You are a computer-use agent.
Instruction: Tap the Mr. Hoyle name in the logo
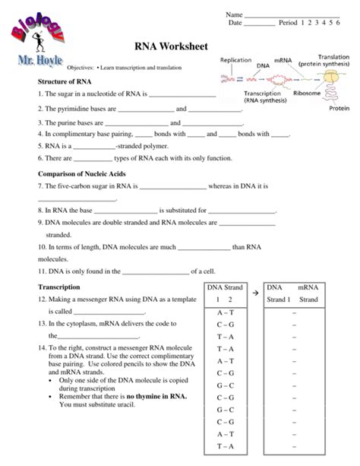pyautogui.click(x=38, y=60)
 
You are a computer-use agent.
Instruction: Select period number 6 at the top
pyautogui.click(x=336, y=24)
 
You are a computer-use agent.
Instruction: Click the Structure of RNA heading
pyautogui.click(x=65, y=81)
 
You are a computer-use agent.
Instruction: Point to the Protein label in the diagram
pyautogui.click(x=339, y=109)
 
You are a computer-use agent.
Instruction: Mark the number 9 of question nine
pyautogui.click(x=39, y=223)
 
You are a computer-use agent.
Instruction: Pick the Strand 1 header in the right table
pyautogui.click(x=279, y=300)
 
